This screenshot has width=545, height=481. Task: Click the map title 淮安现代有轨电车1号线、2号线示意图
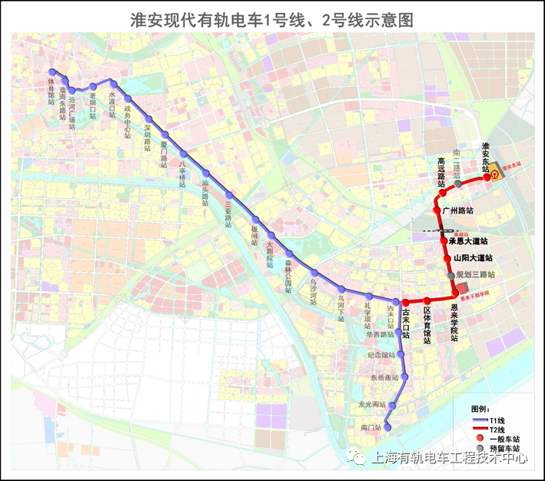(x=272, y=18)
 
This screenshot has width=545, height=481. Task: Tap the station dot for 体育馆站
(x=52, y=71)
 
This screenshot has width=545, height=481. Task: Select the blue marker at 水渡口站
(x=113, y=84)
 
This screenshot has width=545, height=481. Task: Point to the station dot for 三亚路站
(x=228, y=193)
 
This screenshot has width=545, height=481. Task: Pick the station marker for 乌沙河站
(x=314, y=273)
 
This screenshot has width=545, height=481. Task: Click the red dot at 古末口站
(x=405, y=303)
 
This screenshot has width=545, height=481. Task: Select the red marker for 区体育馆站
(x=427, y=300)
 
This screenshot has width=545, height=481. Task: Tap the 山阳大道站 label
(x=473, y=258)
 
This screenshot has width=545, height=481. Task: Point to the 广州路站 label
(x=458, y=209)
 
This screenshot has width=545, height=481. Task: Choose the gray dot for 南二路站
(x=458, y=184)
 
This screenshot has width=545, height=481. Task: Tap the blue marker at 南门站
(x=387, y=427)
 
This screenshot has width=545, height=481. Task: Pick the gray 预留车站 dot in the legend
(x=477, y=447)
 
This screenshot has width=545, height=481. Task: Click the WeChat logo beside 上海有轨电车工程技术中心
(x=359, y=457)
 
